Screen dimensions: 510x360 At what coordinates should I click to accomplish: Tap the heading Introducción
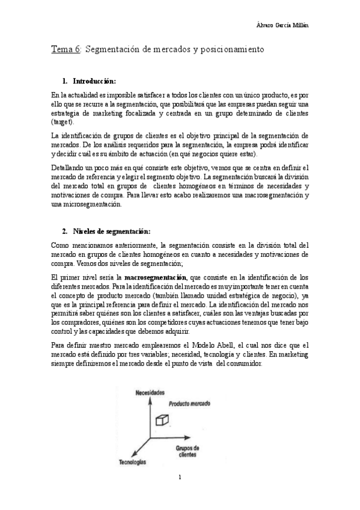point(94,81)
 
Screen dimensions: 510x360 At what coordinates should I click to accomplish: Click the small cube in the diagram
point(161,420)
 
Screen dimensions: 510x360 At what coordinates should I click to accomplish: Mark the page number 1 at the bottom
point(180,479)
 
